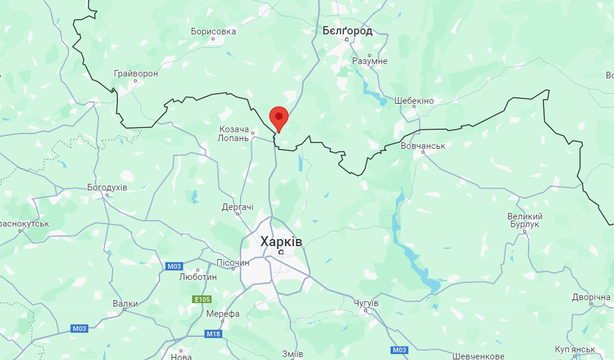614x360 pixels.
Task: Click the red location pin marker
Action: (x=279, y=117)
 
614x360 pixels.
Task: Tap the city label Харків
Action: (x=281, y=241)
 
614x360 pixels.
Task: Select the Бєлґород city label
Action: (x=347, y=30)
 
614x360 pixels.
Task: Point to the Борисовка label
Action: (x=213, y=31)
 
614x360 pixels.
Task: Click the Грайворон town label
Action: (x=136, y=74)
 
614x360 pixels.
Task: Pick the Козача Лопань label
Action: (x=234, y=133)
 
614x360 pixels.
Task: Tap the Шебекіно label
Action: (x=414, y=101)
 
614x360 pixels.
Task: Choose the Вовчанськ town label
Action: (x=423, y=145)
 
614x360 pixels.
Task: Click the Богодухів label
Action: (x=107, y=187)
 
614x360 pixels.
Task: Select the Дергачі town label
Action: (x=238, y=207)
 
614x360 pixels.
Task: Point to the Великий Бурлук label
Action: (x=525, y=220)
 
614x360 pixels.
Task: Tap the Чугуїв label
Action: (x=366, y=303)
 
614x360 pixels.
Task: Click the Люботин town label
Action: (x=198, y=277)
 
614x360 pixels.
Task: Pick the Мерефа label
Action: (x=223, y=314)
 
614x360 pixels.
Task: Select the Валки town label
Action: (x=125, y=304)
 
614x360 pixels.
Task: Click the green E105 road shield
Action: (x=202, y=300)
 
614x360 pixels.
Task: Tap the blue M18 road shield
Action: (x=213, y=334)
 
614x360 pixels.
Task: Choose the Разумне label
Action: (x=370, y=61)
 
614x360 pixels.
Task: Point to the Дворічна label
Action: (x=591, y=297)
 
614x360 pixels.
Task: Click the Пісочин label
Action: (x=233, y=263)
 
